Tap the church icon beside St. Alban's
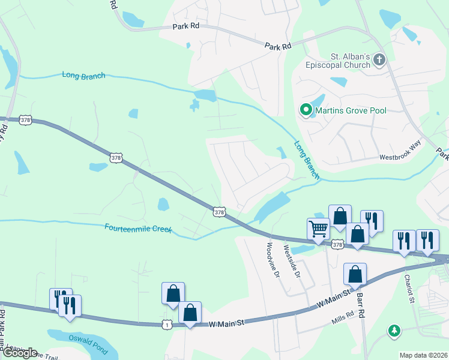coord(378,59)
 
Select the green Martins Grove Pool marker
coord(306,110)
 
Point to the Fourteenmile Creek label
coord(138,229)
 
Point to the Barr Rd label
coord(361,304)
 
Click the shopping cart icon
coord(318,228)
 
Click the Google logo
coord(19,353)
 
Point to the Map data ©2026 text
coord(423,355)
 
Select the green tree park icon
coord(394,330)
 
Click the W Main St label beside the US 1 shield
coord(227,324)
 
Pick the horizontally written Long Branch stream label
coord(83,76)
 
